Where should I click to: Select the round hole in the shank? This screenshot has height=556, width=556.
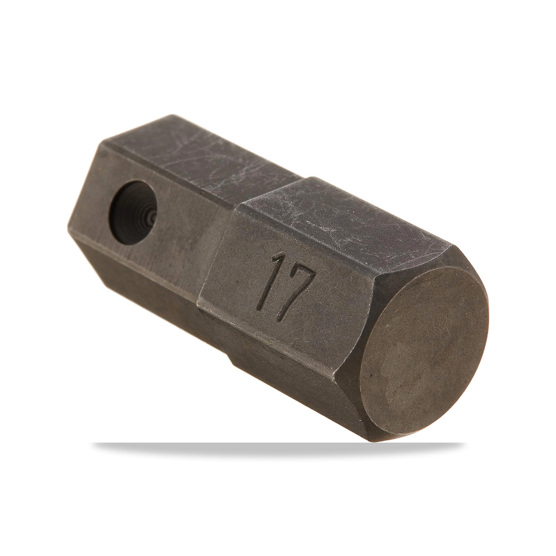tap(133, 212)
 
